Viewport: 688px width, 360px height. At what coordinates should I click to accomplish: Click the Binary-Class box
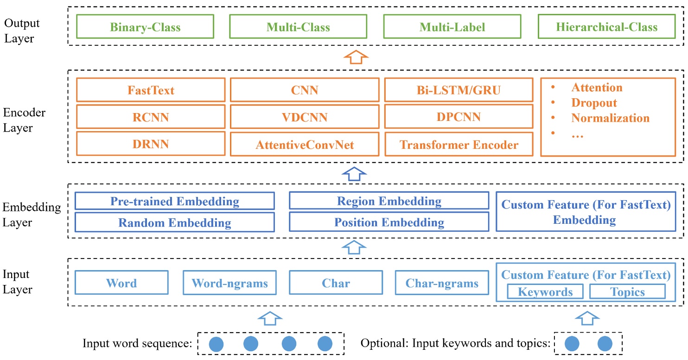coord(145,27)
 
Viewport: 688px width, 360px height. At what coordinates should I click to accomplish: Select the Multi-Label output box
coord(452,27)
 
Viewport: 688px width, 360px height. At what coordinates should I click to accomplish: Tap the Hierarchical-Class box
coord(606,27)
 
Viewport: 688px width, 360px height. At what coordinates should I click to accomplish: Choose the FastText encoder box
coord(151,90)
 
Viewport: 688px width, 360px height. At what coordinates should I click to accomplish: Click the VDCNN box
coord(305,117)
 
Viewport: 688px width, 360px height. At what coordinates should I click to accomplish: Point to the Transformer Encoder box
coord(459,145)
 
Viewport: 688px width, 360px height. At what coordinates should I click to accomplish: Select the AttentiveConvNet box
coord(305,145)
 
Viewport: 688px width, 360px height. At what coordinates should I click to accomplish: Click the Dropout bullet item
coord(594,103)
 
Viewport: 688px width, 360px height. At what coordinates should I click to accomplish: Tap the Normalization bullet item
coord(610,118)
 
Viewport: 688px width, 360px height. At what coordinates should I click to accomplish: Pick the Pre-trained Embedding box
coord(174,202)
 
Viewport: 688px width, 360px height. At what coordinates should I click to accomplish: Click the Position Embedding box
coord(389,222)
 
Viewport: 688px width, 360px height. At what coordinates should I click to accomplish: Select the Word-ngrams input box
coord(229,283)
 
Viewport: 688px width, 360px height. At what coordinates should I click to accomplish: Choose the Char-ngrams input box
coord(442,283)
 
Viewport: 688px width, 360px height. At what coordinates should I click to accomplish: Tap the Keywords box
coord(545,292)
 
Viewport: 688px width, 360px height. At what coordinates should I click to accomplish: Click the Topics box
coord(627,292)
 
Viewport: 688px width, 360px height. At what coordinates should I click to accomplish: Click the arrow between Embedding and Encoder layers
coord(354,173)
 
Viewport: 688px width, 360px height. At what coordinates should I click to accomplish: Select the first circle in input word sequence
coord(217,344)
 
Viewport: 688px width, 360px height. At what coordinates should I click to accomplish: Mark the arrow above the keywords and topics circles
coord(587,318)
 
